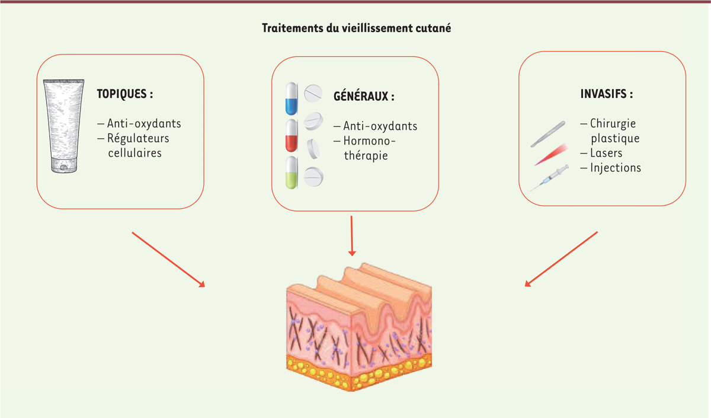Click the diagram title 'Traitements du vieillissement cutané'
pos(356,28)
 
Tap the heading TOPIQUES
pos(125,94)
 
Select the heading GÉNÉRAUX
pos(364,96)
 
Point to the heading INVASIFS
pos(607,94)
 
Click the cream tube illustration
pos(64,126)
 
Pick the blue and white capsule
pos(292,99)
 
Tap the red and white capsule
pos(292,136)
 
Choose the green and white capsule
pos(292,173)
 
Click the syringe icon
pos(549,178)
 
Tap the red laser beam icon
pos(551,154)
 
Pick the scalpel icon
pos(548,134)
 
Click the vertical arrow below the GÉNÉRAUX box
pos(352,236)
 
